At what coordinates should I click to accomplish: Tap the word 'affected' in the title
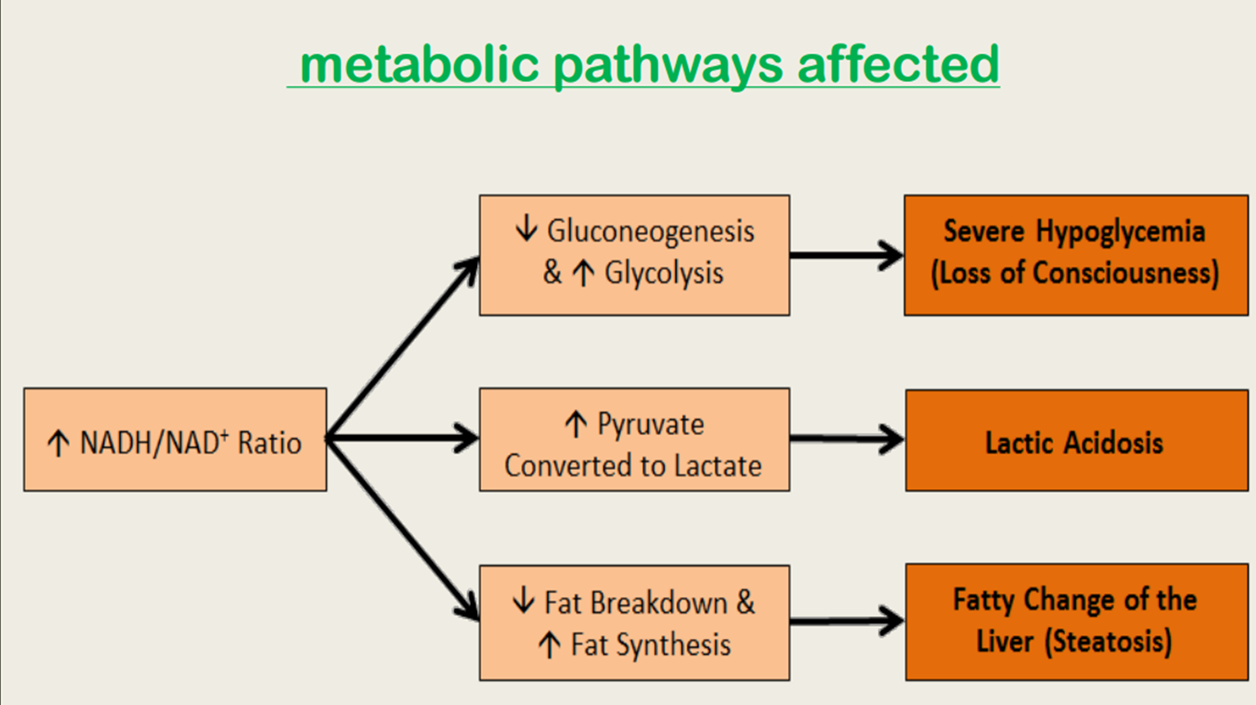(898, 64)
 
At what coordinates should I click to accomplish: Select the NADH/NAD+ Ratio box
(175, 440)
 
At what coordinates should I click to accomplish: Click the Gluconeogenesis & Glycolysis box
(634, 255)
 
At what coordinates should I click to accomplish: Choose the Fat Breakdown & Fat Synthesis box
(634, 622)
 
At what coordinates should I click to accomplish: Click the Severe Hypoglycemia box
(1075, 255)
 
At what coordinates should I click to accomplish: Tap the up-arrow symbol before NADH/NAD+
(58, 444)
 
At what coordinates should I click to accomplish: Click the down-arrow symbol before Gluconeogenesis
(526, 230)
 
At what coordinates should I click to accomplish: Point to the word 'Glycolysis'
(663, 273)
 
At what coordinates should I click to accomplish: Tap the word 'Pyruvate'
(650, 425)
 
